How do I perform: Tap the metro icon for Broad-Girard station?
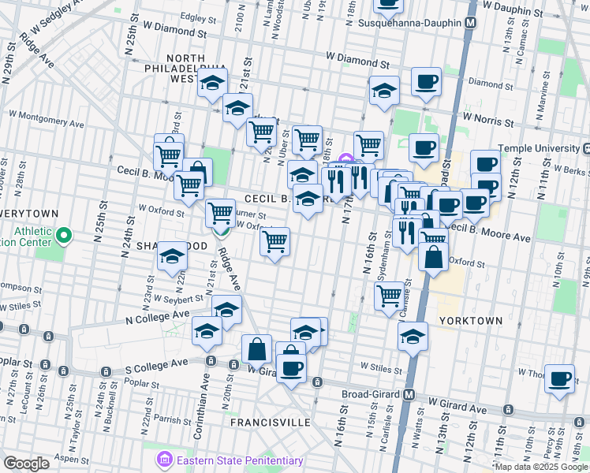pyautogui.click(x=409, y=394)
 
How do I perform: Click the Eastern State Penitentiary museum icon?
pyautogui.click(x=165, y=460)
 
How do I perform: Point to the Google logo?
pyautogui.click(x=26, y=464)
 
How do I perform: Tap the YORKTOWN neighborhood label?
pyautogui.click(x=470, y=321)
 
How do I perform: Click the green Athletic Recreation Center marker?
pyautogui.click(x=64, y=234)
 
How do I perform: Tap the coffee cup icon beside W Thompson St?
pyautogui.click(x=560, y=378)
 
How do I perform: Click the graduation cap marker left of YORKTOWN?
pyautogui.click(x=413, y=337)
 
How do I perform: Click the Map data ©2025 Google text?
pyautogui.click(x=541, y=467)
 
